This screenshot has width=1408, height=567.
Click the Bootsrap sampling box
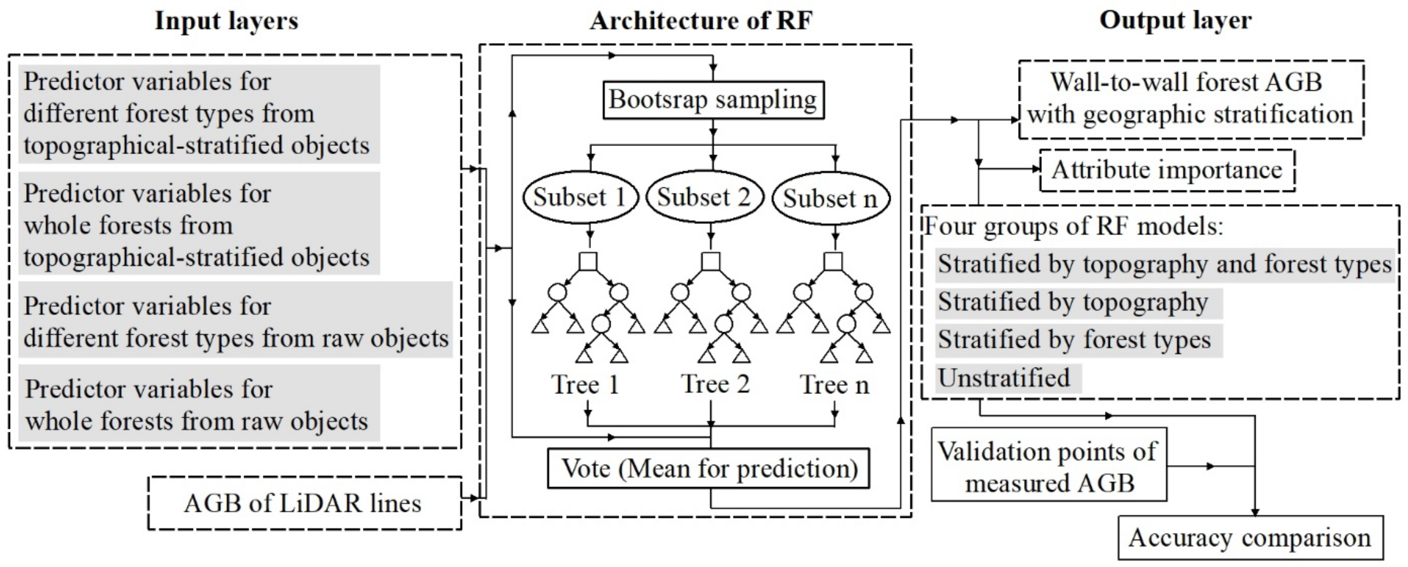(x=713, y=100)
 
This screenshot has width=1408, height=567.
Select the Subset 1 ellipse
(x=580, y=197)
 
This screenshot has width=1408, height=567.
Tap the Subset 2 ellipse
(x=704, y=197)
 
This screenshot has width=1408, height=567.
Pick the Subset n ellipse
(x=830, y=198)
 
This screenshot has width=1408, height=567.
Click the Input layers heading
(x=226, y=21)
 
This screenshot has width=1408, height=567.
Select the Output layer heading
(x=1175, y=21)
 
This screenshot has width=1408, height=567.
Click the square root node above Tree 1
(x=588, y=261)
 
